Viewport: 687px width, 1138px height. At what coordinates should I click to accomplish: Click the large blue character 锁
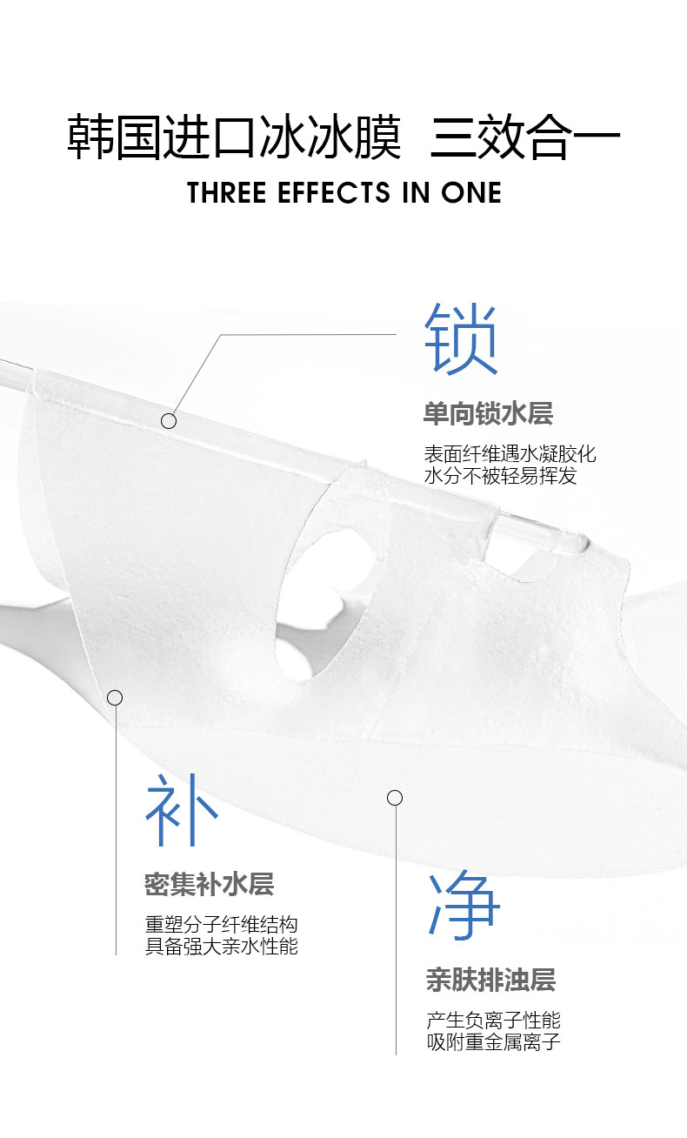coord(461,339)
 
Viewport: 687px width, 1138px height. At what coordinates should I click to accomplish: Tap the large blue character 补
coord(181,810)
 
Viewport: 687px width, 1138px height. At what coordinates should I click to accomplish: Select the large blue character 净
coord(464,907)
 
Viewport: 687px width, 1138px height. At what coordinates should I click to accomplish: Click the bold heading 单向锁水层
coord(488,413)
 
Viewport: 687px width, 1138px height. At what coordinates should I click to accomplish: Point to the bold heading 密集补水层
coord(209,885)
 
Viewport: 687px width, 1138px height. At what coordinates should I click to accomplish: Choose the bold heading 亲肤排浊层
coord(490,981)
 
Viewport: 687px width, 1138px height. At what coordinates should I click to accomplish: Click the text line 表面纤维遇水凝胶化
coord(510,454)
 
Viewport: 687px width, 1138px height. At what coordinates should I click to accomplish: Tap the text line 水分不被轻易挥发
coord(500,476)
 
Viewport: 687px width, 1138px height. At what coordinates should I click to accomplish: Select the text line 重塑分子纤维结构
coord(221,925)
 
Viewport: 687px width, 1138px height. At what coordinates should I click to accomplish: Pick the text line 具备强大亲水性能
coord(221,946)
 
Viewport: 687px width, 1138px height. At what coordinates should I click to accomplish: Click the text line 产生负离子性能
coord(493,1021)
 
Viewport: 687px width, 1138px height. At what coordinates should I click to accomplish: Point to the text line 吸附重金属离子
coord(493,1041)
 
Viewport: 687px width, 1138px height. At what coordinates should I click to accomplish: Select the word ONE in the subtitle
coord(471,193)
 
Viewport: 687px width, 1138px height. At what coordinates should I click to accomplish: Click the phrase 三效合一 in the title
coord(524,138)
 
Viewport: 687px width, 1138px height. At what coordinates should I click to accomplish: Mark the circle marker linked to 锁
coord(169,421)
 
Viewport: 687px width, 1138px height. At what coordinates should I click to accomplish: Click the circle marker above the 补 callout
coord(115,698)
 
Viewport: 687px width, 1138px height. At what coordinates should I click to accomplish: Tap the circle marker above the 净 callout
coord(395,797)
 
